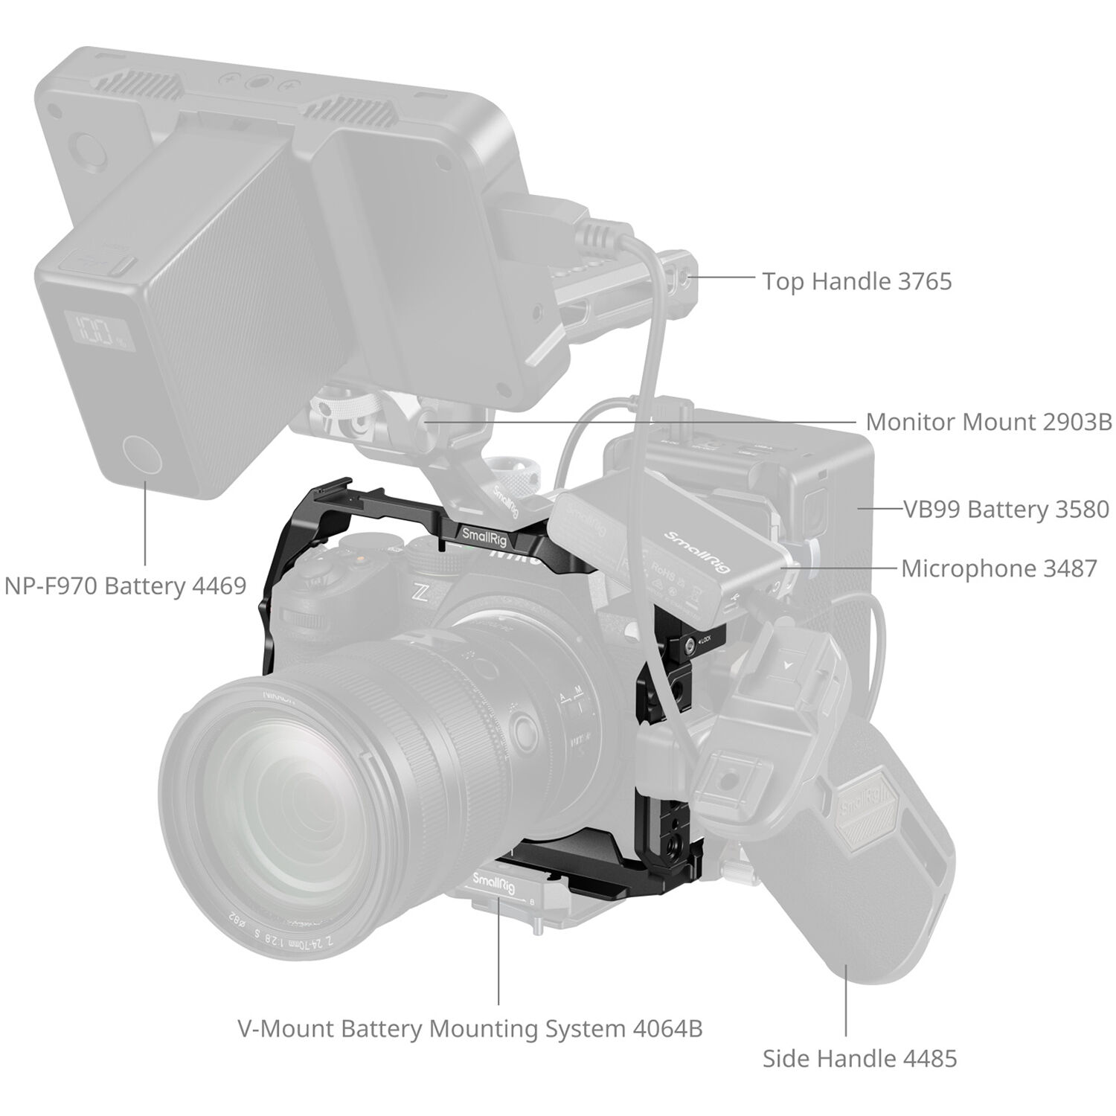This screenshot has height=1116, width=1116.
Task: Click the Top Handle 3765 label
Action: click(x=856, y=281)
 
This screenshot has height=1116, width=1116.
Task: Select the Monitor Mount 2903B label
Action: click(x=989, y=422)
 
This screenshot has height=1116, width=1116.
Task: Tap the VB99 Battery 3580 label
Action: click(x=1006, y=509)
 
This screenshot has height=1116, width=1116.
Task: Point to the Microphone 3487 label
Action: click(x=998, y=568)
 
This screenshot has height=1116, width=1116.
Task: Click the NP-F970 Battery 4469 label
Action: click(x=125, y=586)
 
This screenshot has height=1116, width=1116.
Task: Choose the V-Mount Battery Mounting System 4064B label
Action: click(x=469, y=1028)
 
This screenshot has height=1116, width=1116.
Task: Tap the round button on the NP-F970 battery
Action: click(x=144, y=455)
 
